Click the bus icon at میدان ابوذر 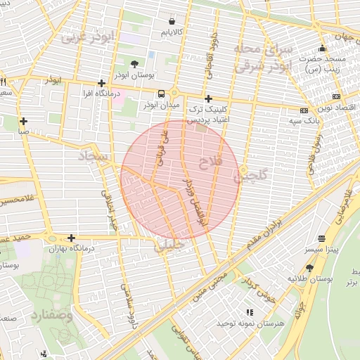click(162, 94)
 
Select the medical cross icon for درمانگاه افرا click(102, 83)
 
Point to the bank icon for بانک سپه click(304, 110)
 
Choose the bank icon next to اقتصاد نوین click(337, 96)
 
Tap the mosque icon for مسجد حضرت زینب click(322, 49)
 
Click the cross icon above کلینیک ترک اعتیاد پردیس click(207, 99)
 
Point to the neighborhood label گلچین click(251, 176)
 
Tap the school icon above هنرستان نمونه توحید click(249, 311)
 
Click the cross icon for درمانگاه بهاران click(71, 238)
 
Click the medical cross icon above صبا click(25, 120)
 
